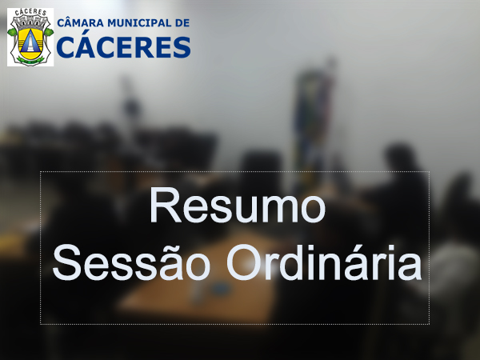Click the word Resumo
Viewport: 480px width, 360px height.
[x=238, y=207]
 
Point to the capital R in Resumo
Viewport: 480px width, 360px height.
[x=163, y=207]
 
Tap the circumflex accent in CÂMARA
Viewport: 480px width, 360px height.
[x=73, y=17]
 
